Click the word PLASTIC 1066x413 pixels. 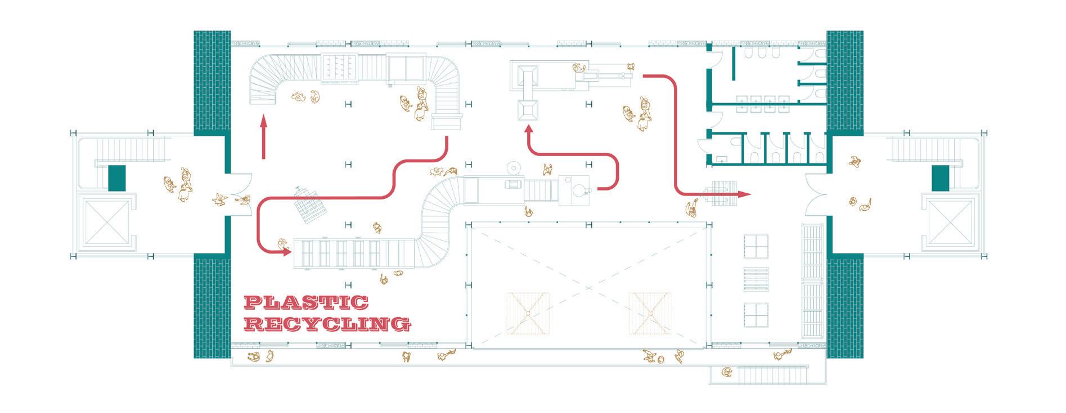306,303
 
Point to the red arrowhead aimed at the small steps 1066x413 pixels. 744,194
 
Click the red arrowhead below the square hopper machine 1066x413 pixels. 528,130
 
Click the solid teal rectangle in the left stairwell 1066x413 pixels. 116,177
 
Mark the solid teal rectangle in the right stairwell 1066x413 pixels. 940,177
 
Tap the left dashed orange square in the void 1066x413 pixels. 527,313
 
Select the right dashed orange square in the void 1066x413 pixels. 650,313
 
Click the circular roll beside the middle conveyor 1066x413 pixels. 514,168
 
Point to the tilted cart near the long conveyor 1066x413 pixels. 308,204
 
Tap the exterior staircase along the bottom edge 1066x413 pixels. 771,374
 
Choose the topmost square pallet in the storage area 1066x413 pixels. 756,246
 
